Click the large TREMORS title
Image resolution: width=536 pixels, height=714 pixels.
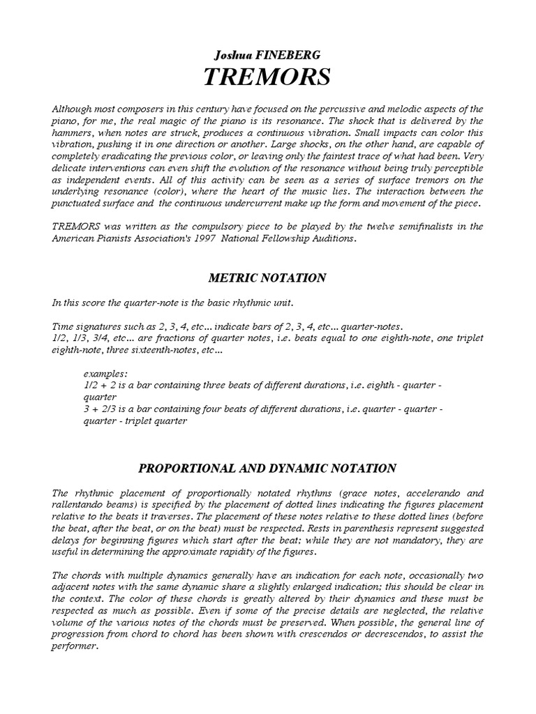click(x=267, y=78)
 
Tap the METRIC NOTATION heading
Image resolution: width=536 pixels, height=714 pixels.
click(x=267, y=278)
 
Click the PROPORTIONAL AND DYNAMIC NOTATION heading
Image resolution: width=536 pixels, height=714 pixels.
click(x=267, y=468)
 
